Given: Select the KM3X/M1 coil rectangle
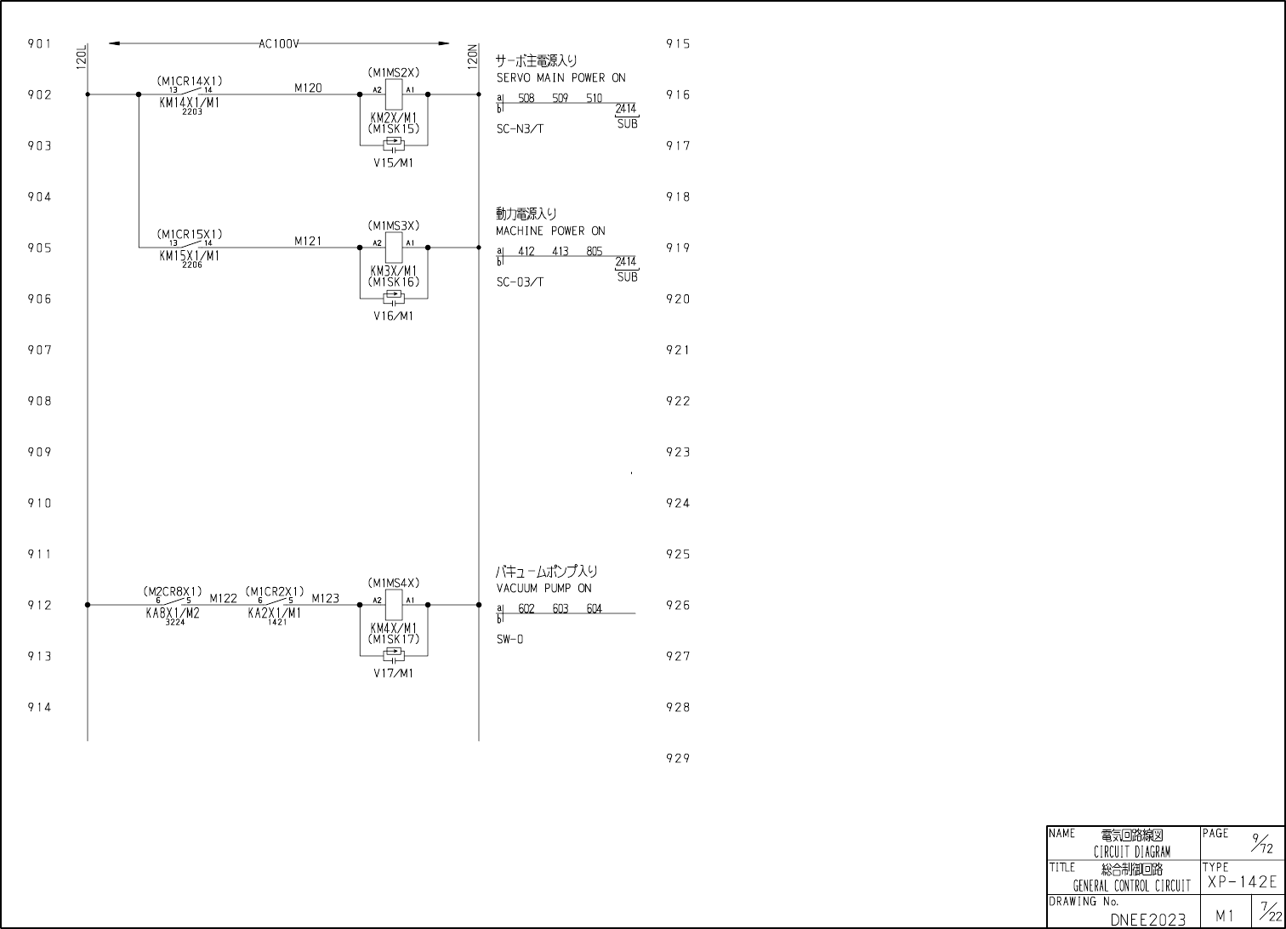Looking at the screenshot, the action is tap(394, 248).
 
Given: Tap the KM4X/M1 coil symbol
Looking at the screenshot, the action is tap(394, 605).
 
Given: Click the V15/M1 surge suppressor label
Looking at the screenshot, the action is tap(394, 163).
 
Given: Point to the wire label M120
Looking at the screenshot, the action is tap(308, 88).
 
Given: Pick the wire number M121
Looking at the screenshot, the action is tap(308, 241).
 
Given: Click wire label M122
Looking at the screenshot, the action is tap(223, 598).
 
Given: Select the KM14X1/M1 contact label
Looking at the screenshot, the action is tap(189, 102).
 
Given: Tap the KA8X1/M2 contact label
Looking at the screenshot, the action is tap(173, 613).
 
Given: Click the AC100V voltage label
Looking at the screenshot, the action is tap(279, 43).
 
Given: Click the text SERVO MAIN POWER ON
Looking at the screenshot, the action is tap(560, 77).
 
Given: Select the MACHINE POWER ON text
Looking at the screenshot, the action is tap(550, 231).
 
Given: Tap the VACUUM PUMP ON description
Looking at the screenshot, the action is tap(543, 588).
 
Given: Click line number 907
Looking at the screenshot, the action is tap(39, 350).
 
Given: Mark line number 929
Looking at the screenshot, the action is tap(677, 758).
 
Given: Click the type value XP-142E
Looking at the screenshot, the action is tap(1241, 882).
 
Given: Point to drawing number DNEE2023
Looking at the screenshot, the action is tap(1147, 919).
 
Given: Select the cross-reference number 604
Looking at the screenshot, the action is tap(594, 609).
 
